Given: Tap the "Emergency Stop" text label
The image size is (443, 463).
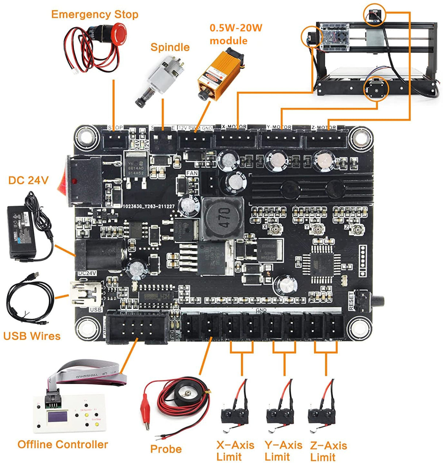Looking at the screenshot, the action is tap(95, 15).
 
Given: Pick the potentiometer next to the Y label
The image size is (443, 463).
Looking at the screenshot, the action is tap(318, 229).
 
